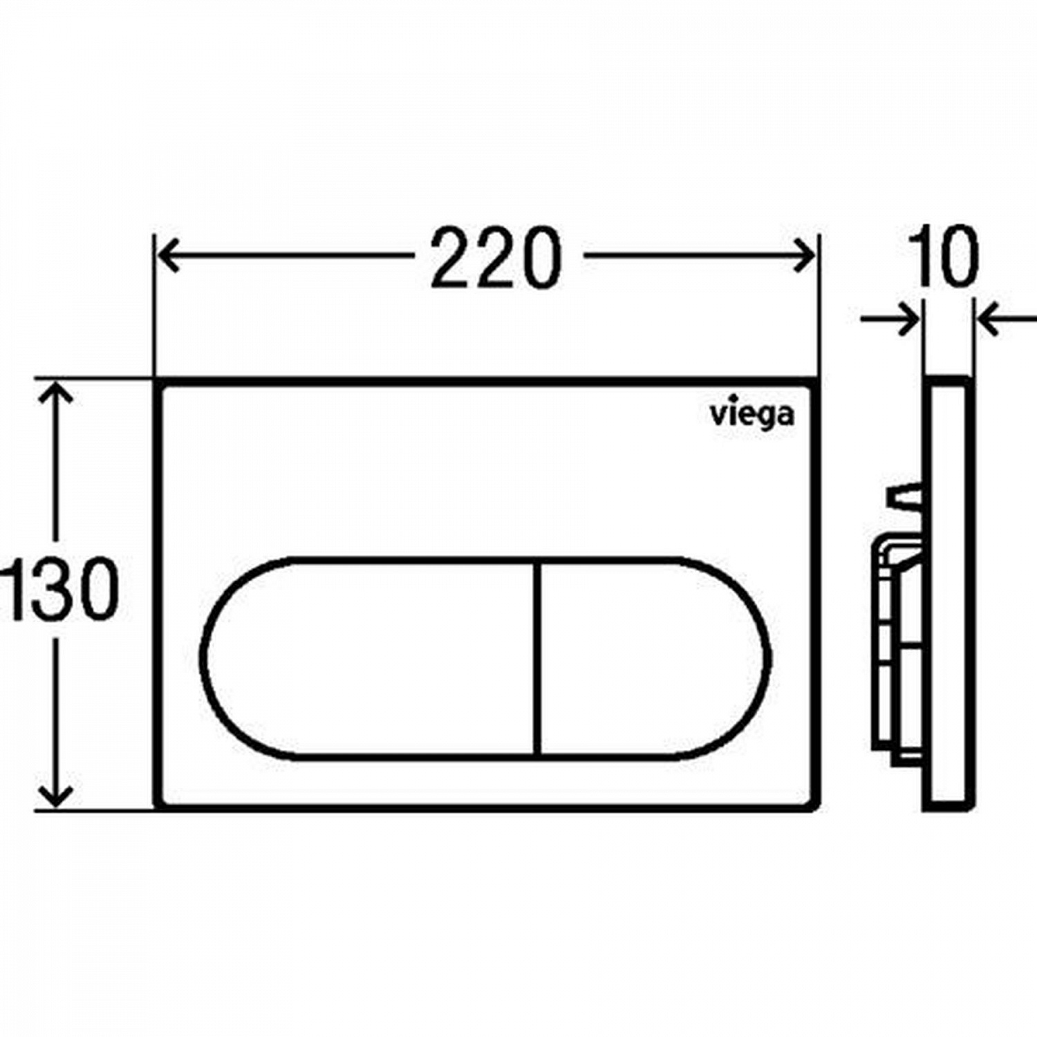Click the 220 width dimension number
495,257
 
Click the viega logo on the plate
752,416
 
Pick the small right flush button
653,657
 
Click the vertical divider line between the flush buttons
537,657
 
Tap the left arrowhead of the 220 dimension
169,256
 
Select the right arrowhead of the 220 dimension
803,256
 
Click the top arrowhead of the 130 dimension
56,395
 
